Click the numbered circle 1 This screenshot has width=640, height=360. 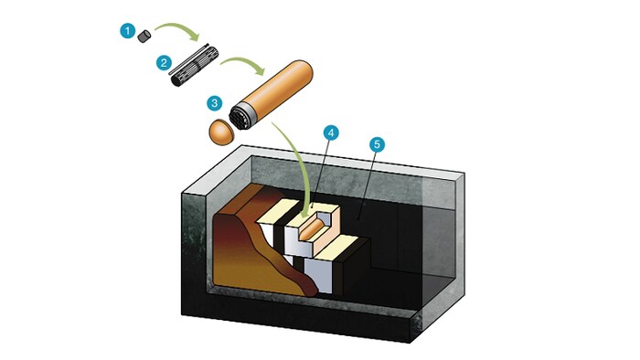(128, 31)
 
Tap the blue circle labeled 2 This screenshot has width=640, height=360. (164, 63)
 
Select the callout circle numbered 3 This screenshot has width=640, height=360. (215, 102)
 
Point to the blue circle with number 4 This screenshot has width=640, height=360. (331, 132)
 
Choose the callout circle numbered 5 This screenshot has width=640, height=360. (377, 144)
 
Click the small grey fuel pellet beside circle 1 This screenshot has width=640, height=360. (144, 37)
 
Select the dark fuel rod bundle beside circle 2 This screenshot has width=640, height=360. (194, 66)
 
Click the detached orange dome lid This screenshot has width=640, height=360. (221, 132)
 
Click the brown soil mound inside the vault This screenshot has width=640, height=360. (261, 245)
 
